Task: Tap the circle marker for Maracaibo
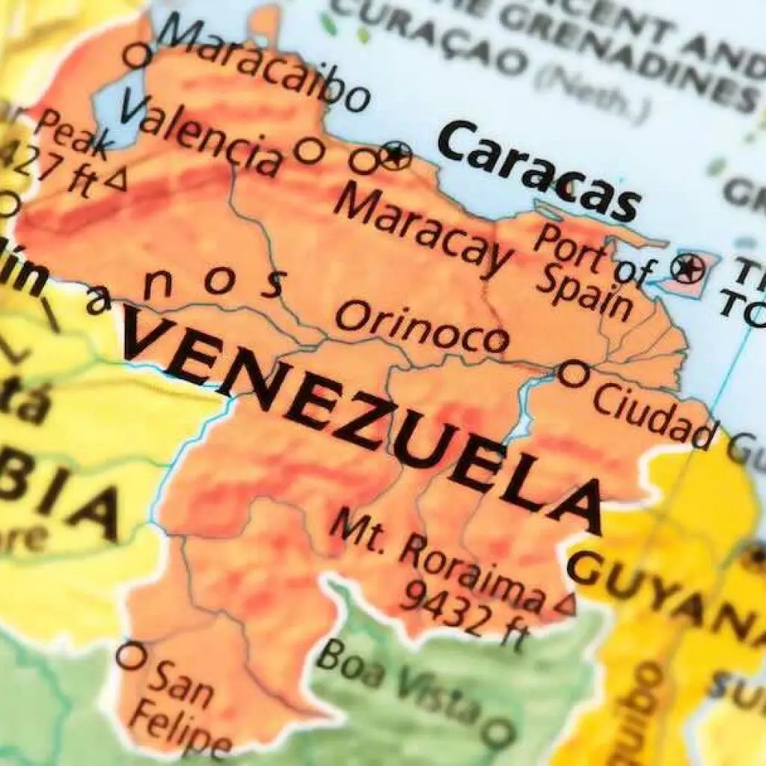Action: point(135,55)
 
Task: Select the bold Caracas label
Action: point(539,172)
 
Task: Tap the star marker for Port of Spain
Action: point(687,267)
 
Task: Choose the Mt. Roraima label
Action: point(434,557)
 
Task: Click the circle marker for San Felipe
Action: point(129,656)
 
